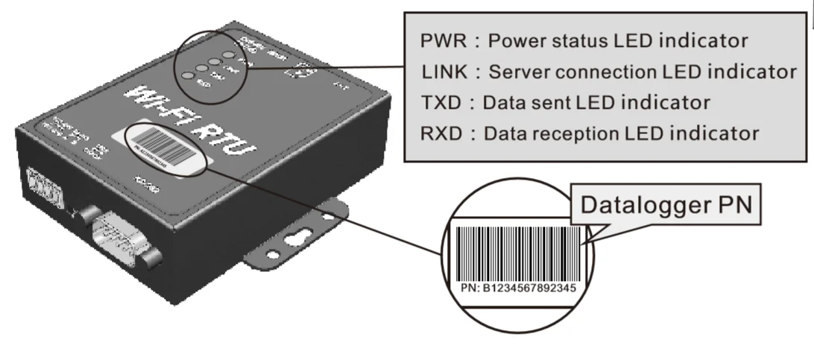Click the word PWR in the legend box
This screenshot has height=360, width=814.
coord(438,40)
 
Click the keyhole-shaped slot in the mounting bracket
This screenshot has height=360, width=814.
coord(301,238)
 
